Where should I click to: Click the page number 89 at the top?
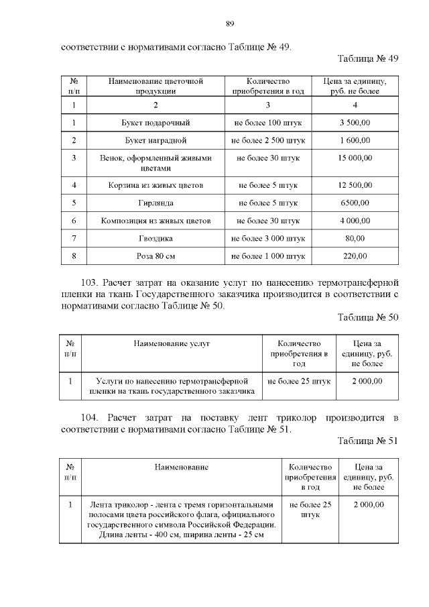click(x=230, y=23)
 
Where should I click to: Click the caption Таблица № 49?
click(x=368, y=58)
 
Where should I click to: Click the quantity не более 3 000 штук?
click(x=267, y=238)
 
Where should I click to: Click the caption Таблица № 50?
click(x=368, y=317)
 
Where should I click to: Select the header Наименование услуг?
click(x=172, y=343)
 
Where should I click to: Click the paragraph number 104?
click(x=90, y=418)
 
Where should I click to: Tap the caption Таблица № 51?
click(x=368, y=441)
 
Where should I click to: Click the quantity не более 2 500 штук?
click(x=267, y=141)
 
